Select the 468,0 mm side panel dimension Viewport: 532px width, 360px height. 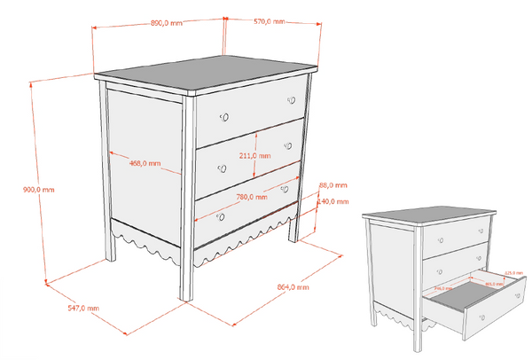(145, 163)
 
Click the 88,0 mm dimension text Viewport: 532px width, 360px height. (333, 185)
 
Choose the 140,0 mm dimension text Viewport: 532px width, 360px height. (332, 202)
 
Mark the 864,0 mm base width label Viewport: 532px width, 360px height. (293, 287)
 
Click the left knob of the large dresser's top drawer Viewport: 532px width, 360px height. (224, 116)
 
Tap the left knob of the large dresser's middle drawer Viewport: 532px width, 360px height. (222, 168)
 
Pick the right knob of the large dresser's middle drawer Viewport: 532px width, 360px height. (287, 145)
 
